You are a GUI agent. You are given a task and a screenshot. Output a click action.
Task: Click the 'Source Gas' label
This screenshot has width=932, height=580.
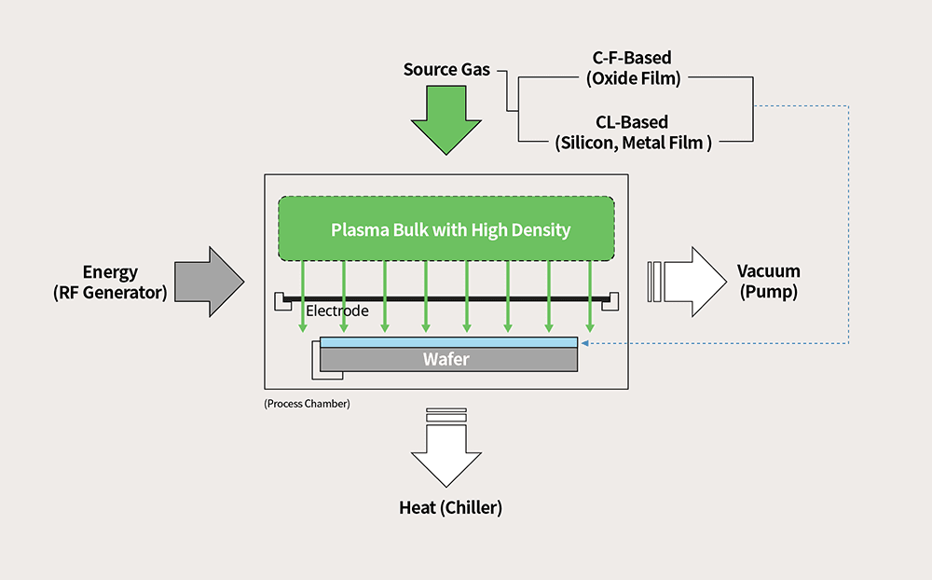coord(446,70)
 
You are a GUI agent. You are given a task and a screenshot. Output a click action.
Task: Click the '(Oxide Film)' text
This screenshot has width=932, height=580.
coord(633,78)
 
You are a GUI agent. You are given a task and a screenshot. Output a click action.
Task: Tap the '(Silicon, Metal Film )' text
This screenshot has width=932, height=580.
coord(633,143)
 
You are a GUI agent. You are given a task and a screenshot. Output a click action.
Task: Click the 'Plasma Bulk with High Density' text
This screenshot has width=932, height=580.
coord(450,229)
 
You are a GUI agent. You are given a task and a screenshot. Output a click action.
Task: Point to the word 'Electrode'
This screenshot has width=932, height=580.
coord(337,311)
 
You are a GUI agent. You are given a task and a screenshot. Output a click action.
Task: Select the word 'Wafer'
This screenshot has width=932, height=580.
coord(446,359)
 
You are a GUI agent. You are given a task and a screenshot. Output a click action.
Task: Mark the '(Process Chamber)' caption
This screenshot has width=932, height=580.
coord(307,404)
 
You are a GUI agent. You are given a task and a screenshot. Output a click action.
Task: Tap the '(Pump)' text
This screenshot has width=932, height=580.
coord(768,291)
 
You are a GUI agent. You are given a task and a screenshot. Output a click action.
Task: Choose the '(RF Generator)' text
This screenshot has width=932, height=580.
coord(110,293)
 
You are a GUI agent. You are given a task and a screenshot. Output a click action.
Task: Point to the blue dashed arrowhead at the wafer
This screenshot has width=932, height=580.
coord(582,343)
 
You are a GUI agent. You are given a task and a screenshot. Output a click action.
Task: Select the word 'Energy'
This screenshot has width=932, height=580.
coord(110,272)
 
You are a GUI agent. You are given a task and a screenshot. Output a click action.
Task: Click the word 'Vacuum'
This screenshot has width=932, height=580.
coord(768,271)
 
